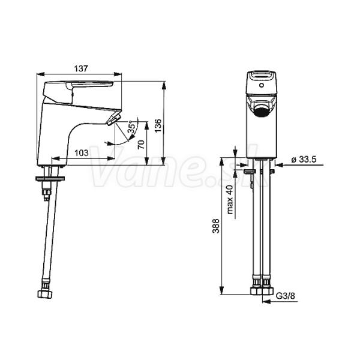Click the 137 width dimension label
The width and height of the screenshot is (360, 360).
click(x=81, y=68)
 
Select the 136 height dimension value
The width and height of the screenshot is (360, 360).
click(x=158, y=125)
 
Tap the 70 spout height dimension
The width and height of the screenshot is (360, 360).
click(x=142, y=145)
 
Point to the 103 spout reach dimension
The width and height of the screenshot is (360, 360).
click(x=82, y=152)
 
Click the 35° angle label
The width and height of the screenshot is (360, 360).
click(x=131, y=127)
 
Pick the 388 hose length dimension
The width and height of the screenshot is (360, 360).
click(x=215, y=226)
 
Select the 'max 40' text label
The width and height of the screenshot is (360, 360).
click(x=230, y=199)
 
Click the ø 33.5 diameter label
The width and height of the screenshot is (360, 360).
click(x=304, y=159)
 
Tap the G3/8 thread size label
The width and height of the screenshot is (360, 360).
click(x=285, y=296)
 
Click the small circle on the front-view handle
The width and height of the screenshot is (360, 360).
click(x=261, y=85)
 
